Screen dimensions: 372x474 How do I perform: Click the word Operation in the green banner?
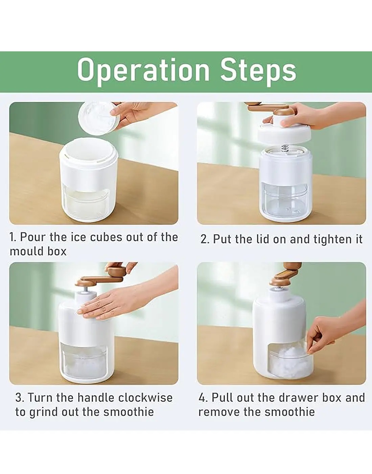tap(143, 71)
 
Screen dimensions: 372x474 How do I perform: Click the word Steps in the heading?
tap(258, 71)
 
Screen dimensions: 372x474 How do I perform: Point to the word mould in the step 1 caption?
tap(25, 251)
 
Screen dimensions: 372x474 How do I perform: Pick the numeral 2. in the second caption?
tap(205, 239)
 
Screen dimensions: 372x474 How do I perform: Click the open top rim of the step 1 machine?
tap(88, 150)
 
